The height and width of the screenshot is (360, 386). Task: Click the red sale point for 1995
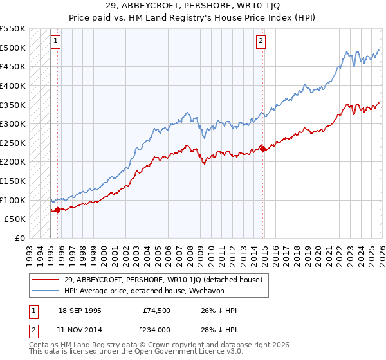[58, 209]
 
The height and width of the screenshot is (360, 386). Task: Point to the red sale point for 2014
[263, 148]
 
